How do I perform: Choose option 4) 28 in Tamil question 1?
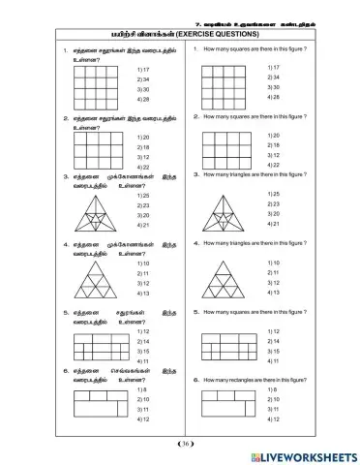coord(143,99)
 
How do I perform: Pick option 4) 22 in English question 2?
coord(274,165)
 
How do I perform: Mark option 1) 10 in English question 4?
coord(274,263)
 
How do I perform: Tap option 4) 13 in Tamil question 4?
coord(143,292)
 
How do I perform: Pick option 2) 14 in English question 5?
coord(274,341)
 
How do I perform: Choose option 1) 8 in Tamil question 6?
coord(142,389)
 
